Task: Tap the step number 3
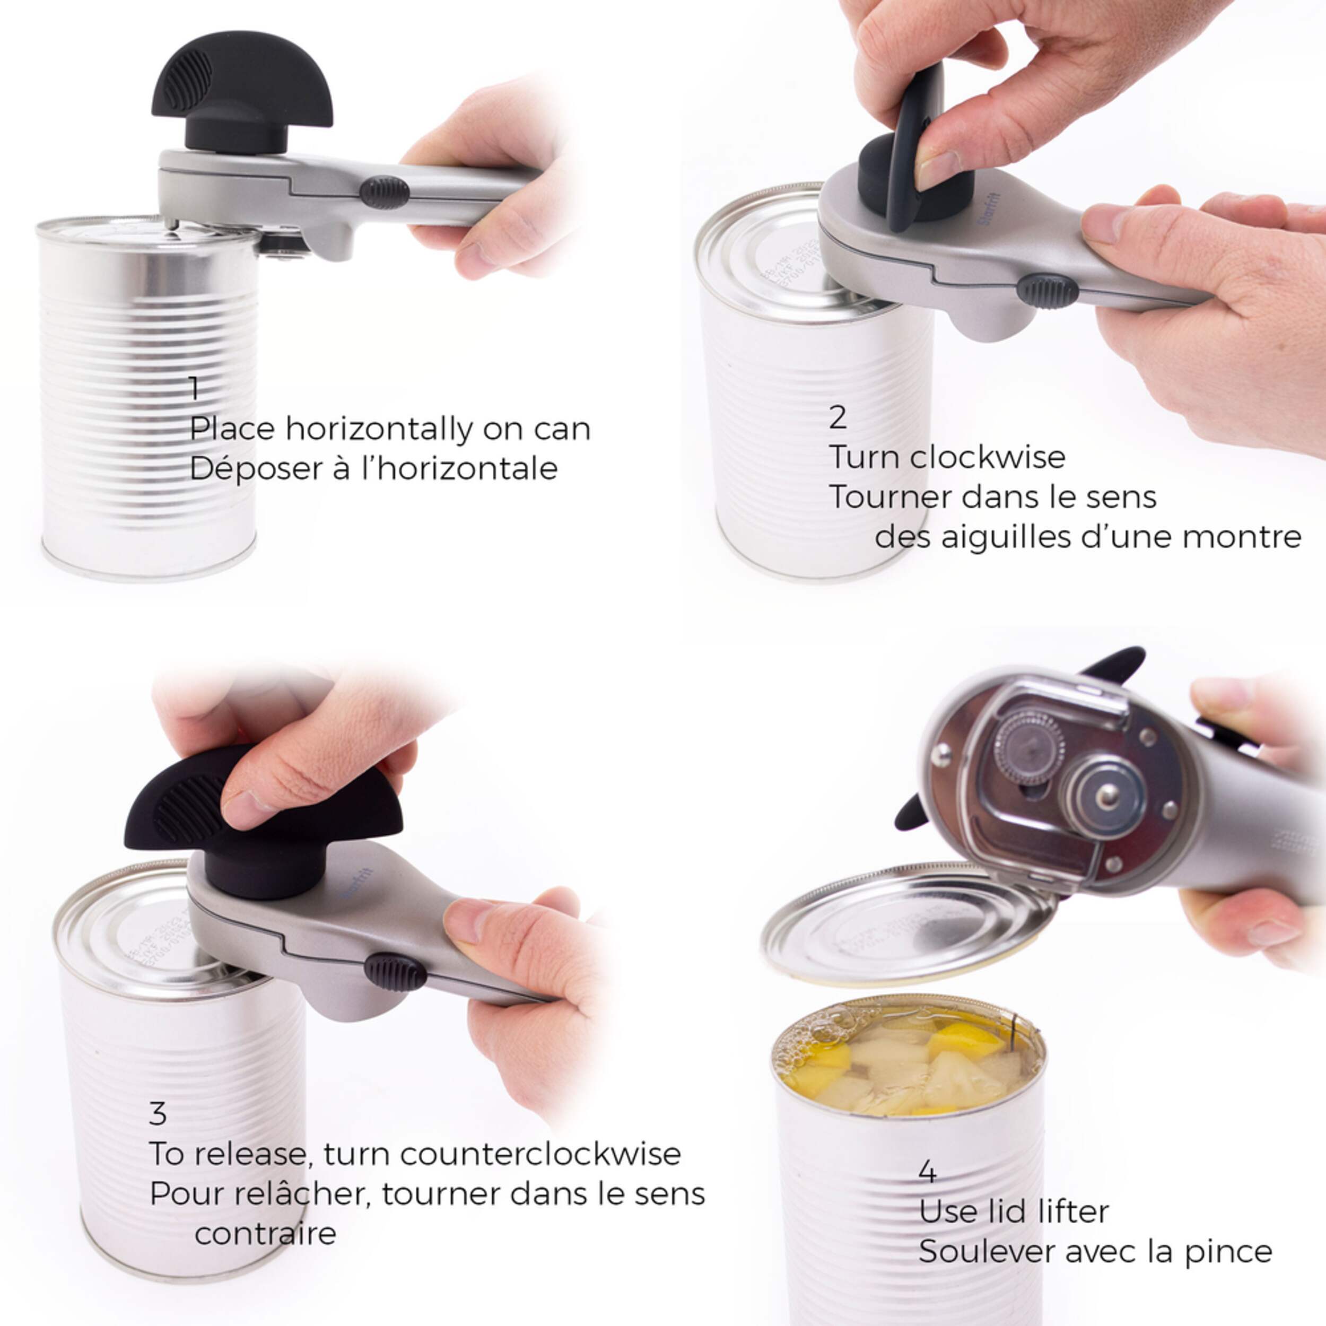pyautogui.click(x=158, y=1113)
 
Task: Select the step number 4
pyautogui.click(x=927, y=1172)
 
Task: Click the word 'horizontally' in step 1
pyautogui.click(x=379, y=430)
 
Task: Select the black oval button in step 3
pyautogui.click(x=395, y=972)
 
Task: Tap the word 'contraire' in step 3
pyautogui.click(x=266, y=1233)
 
